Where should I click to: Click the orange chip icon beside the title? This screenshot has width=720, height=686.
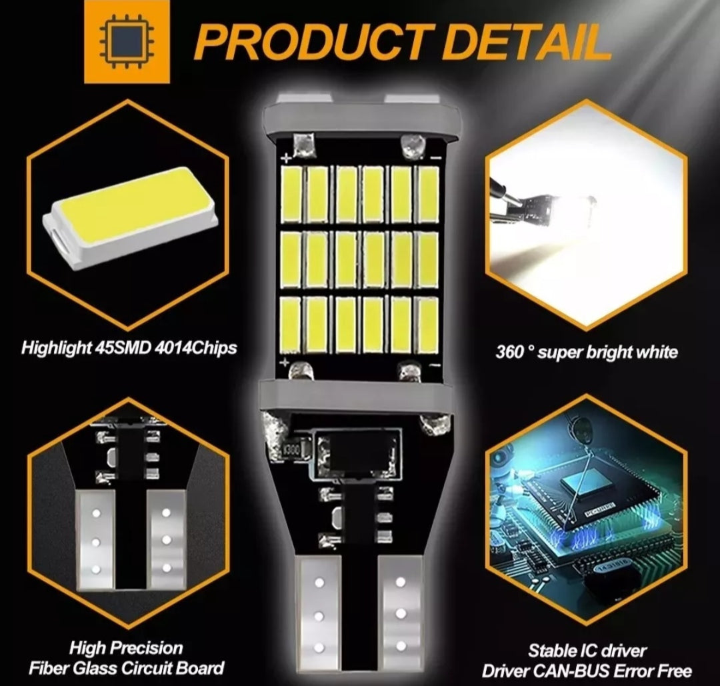127,41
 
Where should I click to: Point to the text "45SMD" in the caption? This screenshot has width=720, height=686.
123,347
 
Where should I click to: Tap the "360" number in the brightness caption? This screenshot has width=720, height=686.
509,352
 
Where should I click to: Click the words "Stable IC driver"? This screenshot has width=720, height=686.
587,651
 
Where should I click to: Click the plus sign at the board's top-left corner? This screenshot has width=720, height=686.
285,159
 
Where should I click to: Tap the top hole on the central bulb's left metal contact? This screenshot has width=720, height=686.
319,583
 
